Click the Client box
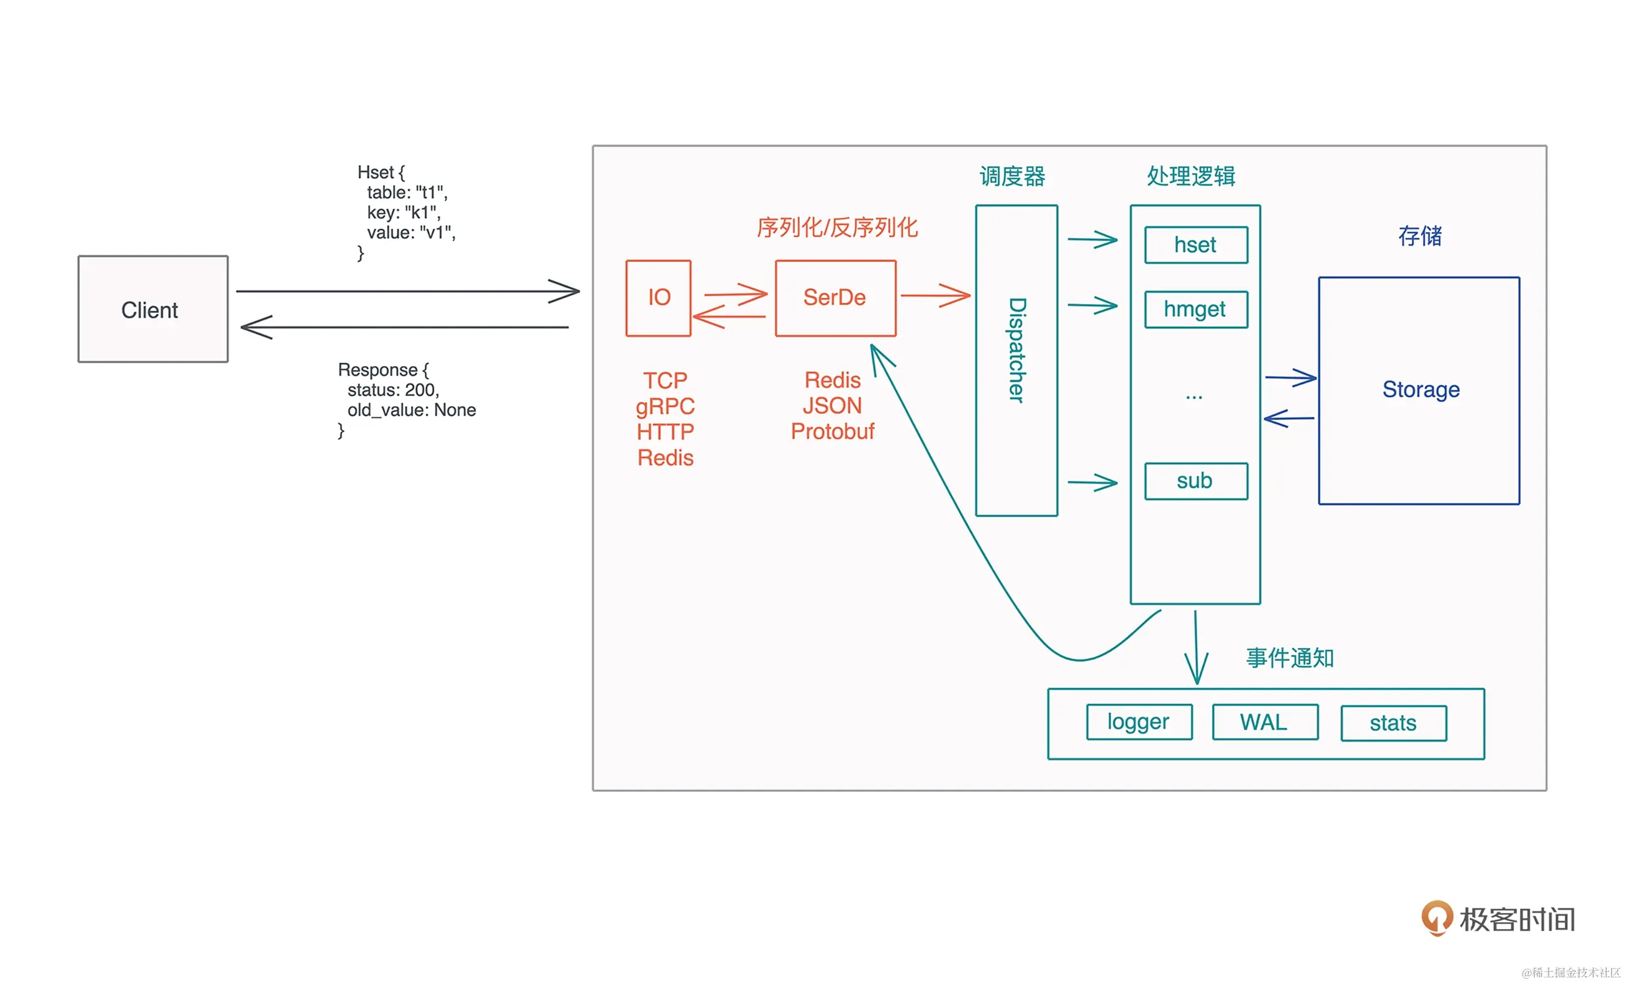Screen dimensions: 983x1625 tap(153, 309)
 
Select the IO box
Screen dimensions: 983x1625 tap(658, 298)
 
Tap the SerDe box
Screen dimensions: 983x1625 tap(835, 298)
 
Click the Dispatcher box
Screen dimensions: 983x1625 tap(1016, 360)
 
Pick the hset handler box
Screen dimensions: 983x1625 tap(1196, 245)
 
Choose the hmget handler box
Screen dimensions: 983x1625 tap(1196, 309)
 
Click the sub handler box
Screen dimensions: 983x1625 tap(1196, 482)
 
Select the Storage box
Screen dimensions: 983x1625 tap(1419, 390)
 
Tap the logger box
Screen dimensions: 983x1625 tap(1139, 722)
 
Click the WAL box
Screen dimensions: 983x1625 tap(1265, 722)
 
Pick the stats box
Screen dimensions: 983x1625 tap(1393, 723)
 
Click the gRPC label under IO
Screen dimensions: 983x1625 tap(665, 406)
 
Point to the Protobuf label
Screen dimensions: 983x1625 tap(832, 431)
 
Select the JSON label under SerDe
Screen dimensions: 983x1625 tap(832, 405)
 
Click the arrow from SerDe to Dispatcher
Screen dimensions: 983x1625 tap(935, 295)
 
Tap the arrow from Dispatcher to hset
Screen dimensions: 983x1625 tap(1093, 240)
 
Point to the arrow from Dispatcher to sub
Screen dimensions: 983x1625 tap(1093, 483)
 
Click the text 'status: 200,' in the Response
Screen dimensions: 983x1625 tap(393, 390)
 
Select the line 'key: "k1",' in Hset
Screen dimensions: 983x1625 tap(404, 212)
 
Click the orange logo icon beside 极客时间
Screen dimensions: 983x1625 tap(1436, 917)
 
